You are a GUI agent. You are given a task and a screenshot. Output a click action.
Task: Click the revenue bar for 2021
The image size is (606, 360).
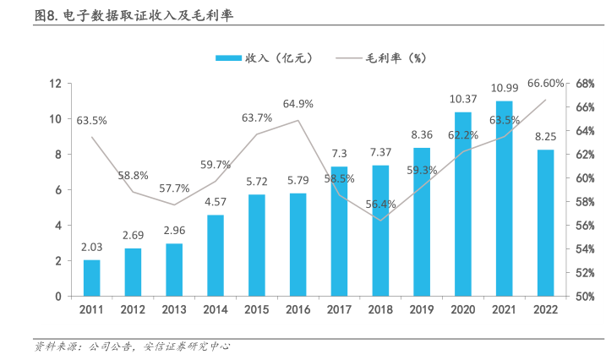click(x=505, y=199)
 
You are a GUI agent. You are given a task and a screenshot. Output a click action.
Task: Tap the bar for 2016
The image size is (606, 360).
click(x=298, y=245)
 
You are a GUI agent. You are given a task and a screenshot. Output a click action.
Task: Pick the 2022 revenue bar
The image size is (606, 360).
click(x=546, y=223)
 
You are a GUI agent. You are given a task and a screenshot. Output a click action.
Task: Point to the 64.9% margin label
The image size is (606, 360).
click(x=298, y=104)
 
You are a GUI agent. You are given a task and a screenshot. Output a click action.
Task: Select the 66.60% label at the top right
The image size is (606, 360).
click(x=545, y=84)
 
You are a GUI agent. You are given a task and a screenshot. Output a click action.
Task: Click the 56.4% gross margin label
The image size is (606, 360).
click(x=380, y=204)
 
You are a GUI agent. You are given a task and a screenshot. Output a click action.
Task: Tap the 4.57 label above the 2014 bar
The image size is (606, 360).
click(x=216, y=202)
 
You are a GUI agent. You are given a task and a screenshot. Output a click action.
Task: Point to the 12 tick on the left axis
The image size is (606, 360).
click(x=57, y=84)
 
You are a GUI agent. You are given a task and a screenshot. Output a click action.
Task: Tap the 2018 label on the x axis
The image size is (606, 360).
click(x=380, y=311)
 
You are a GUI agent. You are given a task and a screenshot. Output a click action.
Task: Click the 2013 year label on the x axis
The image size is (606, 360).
click(x=174, y=311)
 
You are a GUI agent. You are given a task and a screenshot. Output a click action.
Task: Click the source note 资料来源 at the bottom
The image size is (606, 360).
click(x=131, y=346)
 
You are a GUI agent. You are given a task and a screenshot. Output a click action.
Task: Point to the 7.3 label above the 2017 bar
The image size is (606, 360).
click(x=339, y=154)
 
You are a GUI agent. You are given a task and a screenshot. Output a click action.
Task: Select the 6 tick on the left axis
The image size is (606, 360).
click(x=59, y=190)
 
